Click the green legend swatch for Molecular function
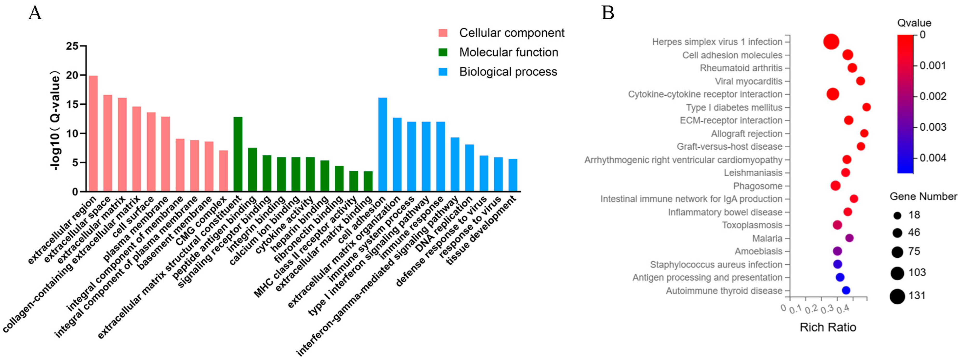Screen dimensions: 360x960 pos(443,52)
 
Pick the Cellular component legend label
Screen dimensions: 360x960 pos(512,33)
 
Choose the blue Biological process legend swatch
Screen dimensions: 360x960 pos(443,71)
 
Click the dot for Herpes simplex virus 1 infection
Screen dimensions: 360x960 pos(831,42)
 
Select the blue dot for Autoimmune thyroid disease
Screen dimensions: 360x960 pos(846,290)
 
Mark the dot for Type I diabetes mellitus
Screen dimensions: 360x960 pos(866,107)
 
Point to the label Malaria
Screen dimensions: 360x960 pos(767,238)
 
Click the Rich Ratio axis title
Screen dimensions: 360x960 pos(828,327)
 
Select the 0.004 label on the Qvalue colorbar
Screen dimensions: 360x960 pos(933,158)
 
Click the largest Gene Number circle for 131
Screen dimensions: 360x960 pos(897,297)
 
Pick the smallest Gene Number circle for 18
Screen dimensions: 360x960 pos(897,215)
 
